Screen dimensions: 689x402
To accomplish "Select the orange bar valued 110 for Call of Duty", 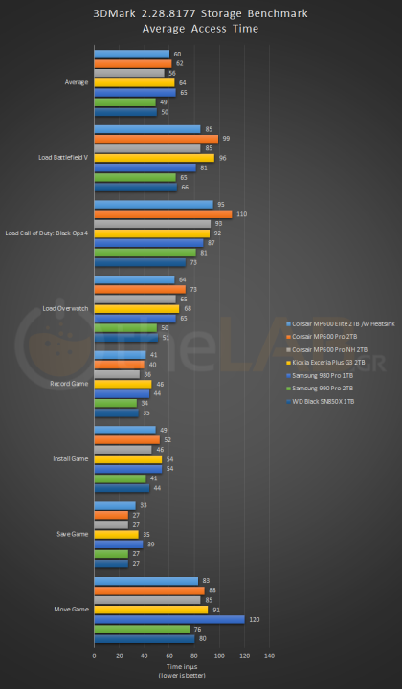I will (x=163, y=213).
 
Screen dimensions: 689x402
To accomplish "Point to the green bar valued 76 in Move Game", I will (x=142, y=629).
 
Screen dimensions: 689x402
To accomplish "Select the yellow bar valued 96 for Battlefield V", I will (x=154, y=158).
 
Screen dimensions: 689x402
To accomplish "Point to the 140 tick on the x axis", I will (x=269, y=656).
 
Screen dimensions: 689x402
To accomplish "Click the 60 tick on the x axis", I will (x=168, y=656).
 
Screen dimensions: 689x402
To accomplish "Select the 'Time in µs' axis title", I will (x=181, y=667).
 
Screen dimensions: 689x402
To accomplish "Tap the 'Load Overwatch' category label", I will (x=67, y=308).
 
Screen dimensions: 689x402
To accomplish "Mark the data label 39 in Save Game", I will (x=151, y=544).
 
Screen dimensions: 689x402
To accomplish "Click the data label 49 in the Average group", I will (x=164, y=101).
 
